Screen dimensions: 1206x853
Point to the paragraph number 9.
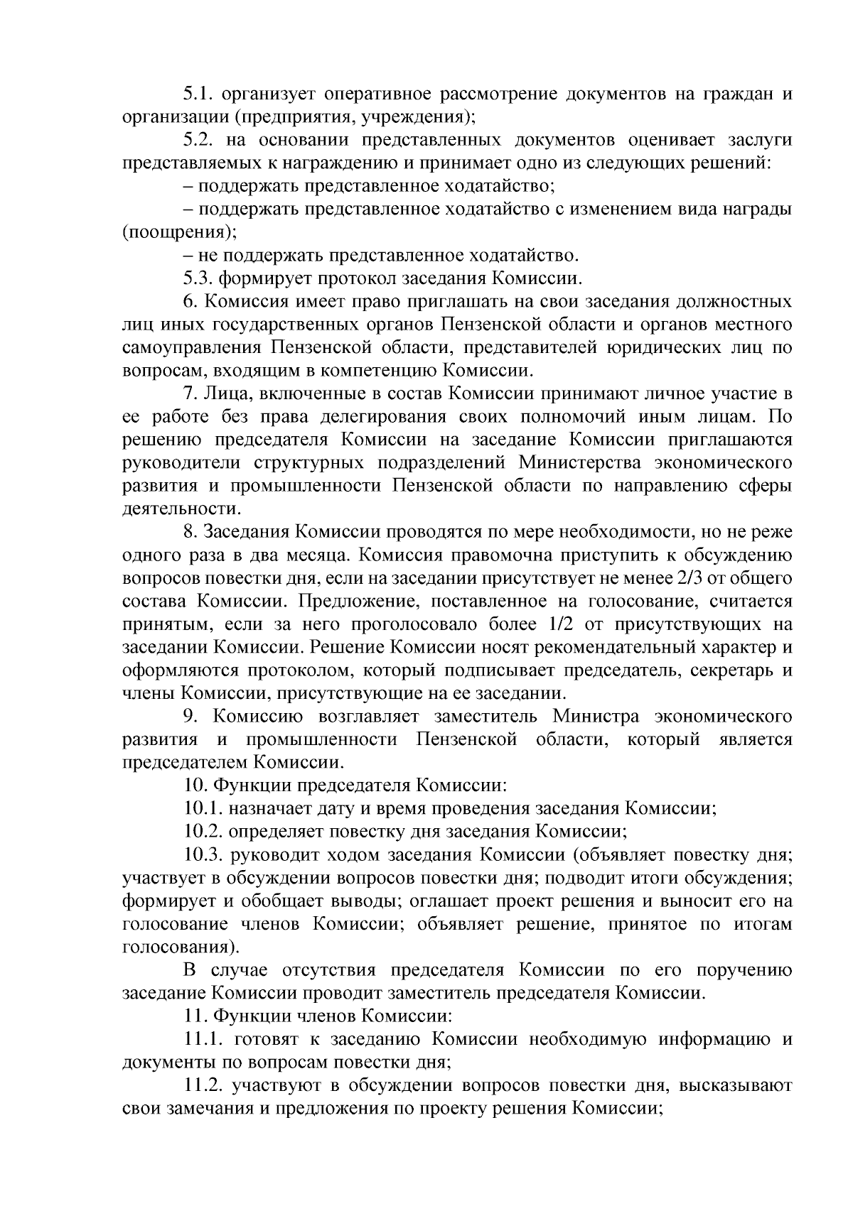point(190,716)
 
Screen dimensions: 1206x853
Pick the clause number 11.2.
point(203,1086)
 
